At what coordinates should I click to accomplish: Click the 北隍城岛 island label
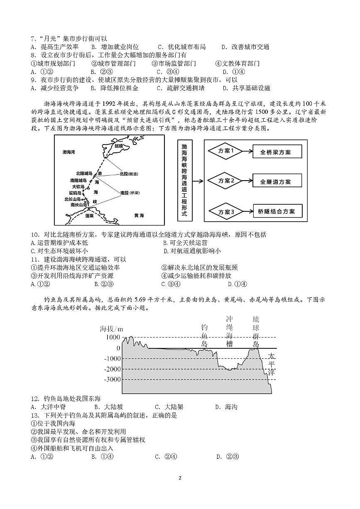[x=84, y=173]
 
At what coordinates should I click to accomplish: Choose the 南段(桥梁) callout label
[x=128, y=193]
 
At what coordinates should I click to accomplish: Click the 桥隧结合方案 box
[x=276, y=211]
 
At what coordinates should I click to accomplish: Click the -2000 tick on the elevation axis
[x=113, y=369]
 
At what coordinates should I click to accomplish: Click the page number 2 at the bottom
[x=180, y=478]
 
